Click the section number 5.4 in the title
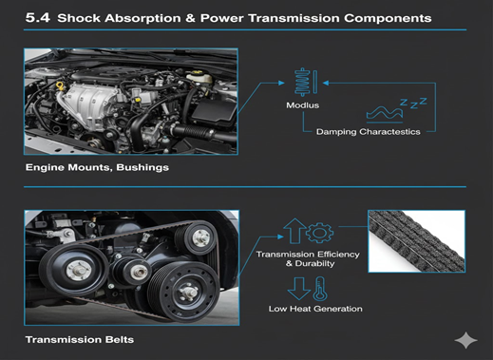[38, 17]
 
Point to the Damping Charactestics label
[369, 131]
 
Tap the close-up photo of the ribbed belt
[416, 241]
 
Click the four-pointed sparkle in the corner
[467, 340]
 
